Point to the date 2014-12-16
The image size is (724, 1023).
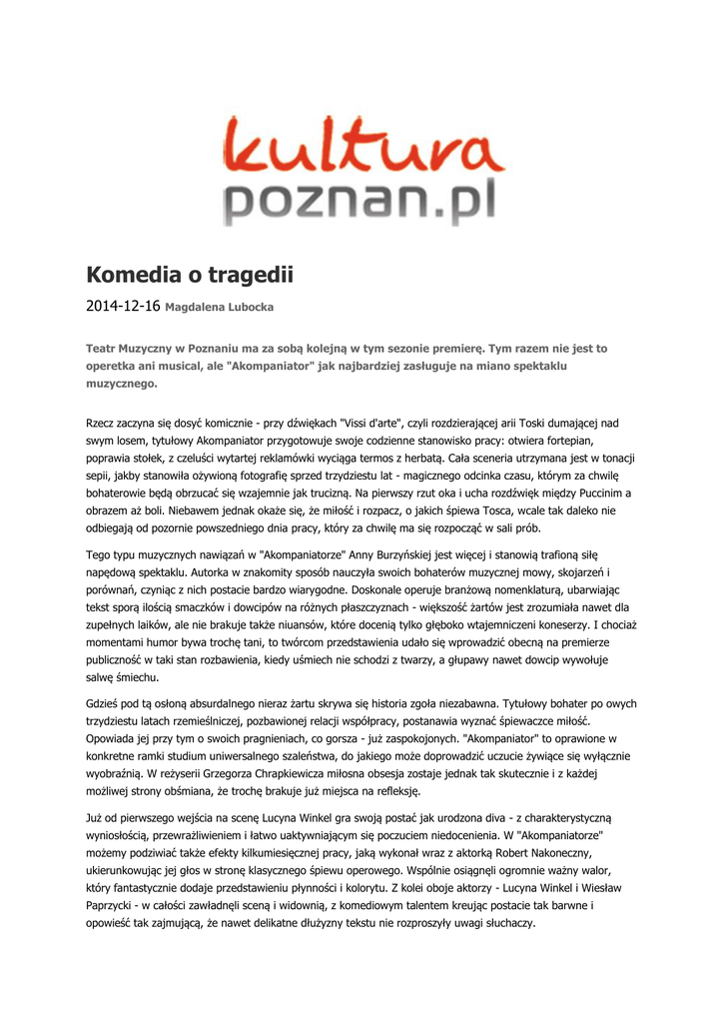pyautogui.click(x=123, y=306)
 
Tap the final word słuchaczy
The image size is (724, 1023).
pyautogui.click(x=508, y=923)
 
